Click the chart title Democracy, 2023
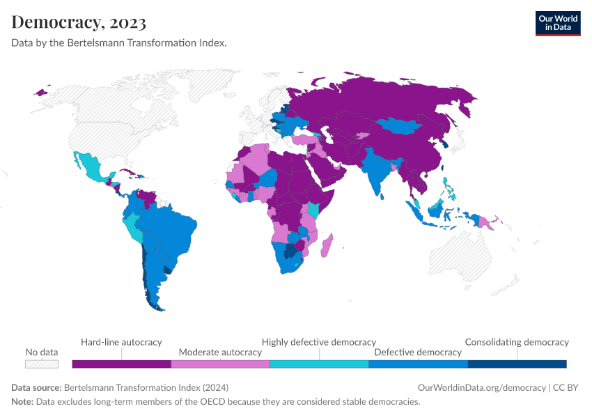[79, 22]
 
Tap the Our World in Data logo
[557, 23]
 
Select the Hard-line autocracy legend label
[121, 342]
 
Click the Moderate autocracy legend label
[220, 353]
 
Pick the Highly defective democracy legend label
[318, 342]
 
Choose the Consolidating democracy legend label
[516, 342]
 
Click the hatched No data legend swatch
[42, 364]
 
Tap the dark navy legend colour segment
[517, 364]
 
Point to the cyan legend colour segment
[319, 364]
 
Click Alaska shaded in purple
[42, 92]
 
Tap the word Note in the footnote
[22, 401]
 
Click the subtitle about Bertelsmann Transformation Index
[119, 42]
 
